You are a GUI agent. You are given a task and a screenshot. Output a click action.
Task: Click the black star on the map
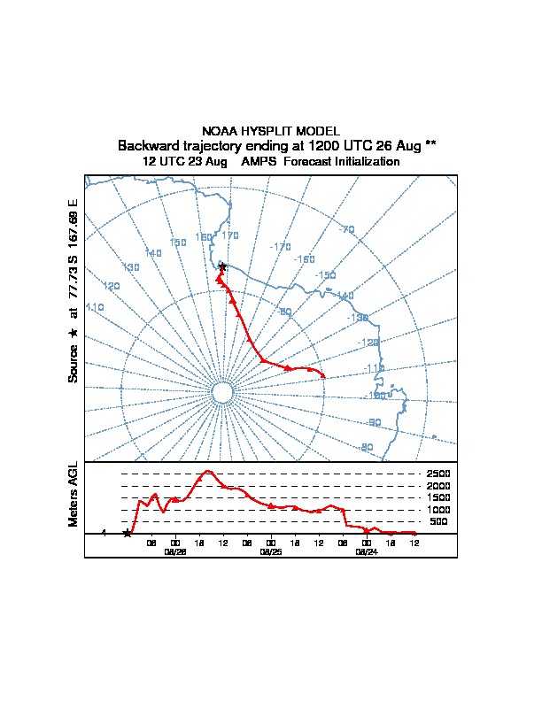(x=222, y=266)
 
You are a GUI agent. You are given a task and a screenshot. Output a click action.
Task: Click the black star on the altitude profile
(x=128, y=533)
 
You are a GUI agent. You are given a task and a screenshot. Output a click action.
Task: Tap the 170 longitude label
(x=230, y=235)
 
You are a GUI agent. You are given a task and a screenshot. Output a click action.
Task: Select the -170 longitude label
(x=281, y=246)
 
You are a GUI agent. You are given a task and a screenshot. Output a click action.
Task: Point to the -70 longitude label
(x=346, y=230)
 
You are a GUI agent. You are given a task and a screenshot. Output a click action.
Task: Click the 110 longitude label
(x=95, y=306)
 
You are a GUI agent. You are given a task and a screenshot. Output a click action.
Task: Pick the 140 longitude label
(x=153, y=253)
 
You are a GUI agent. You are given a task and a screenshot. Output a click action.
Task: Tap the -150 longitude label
(x=325, y=275)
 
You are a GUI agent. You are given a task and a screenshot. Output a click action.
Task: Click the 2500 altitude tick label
(x=438, y=474)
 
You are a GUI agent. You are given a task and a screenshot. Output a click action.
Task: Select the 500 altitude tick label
(x=438, y=521)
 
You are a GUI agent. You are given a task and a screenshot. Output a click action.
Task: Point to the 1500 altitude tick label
(x=438, y=497)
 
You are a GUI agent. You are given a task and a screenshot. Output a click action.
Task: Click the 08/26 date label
(x=175, y=551)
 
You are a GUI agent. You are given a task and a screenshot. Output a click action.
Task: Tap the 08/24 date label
(x=367, y=551)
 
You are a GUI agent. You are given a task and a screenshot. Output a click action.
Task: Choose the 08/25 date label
(x=271, y=551)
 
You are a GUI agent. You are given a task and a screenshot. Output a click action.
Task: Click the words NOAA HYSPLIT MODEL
(x=271, y=131)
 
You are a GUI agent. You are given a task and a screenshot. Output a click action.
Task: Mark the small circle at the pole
(x=222, y=392)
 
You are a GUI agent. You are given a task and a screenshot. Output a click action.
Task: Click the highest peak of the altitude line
(x=208, y=471)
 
